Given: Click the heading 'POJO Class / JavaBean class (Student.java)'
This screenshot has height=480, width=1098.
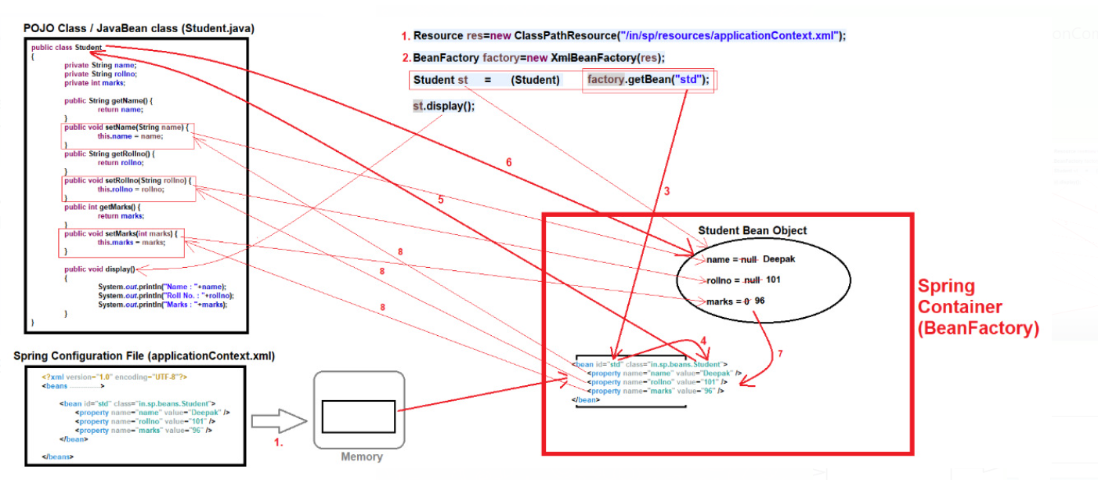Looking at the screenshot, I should (x=139, y=28).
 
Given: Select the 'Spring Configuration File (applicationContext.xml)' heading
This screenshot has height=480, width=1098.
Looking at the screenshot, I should (x=144, y=355).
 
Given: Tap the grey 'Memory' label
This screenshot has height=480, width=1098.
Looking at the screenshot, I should (x=361, y=457).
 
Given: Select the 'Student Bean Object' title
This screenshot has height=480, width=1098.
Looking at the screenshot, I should (x=752, y=230).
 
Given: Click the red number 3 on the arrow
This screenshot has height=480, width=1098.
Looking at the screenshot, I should (x=666, y=190).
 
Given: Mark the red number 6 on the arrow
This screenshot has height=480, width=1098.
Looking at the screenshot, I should (x=508, y=162).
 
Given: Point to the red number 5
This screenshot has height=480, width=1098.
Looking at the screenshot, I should (x=440, y=200).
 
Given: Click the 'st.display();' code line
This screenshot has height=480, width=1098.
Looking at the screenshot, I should (x=443, y=106).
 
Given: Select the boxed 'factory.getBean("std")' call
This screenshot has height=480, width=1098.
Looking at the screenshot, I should (x=648, y=79).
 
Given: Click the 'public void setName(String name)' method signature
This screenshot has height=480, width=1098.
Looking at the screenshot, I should (x=128, y=127).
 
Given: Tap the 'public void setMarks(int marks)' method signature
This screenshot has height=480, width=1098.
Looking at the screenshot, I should (x=122, y=233).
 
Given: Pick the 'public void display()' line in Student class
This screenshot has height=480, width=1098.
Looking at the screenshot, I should (x=99, y=269).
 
